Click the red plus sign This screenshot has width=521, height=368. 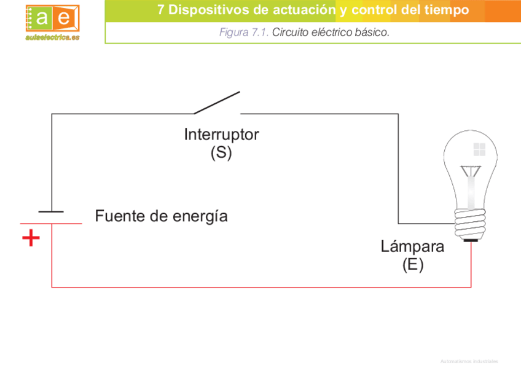31,238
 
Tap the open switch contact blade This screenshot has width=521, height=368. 217,103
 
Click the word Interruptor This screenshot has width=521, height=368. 221,135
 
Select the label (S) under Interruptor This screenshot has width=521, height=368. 221,152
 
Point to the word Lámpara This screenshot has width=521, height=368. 412,247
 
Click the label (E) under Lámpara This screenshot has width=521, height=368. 413,265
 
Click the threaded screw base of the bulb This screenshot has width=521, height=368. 471,222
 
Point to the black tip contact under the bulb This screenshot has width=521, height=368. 471,240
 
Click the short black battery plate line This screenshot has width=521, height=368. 51,211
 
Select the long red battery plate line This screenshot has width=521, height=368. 51,224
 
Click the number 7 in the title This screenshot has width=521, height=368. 161,10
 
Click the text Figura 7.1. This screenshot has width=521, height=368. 244,33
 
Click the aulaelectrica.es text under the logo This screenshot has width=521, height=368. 53,37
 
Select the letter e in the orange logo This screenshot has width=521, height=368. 64,18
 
